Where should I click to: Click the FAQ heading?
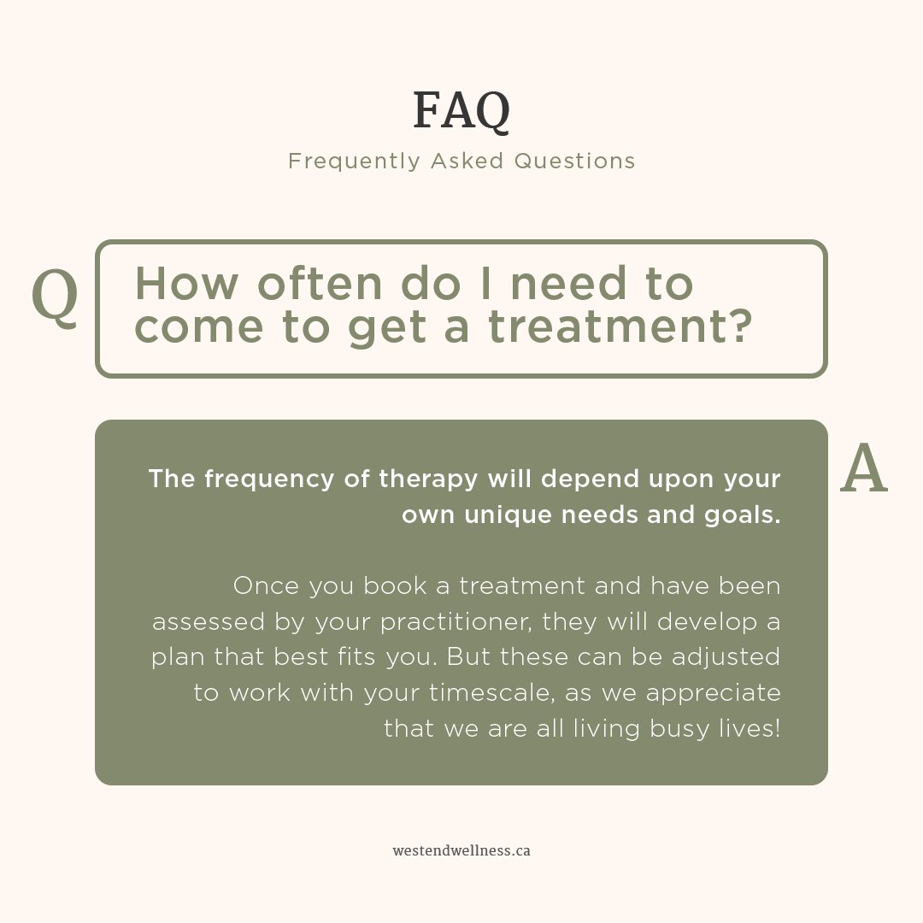pyautogui.click(x=461, y=111)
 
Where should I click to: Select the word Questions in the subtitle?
pyautogui.click(x=574, y=161)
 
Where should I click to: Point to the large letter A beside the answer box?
pyautogui.click(x=864, y=470)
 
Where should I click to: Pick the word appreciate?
pyautogui.click(x=713, y=693)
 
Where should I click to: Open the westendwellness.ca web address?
pyautogui.click(x=461, y=851)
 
